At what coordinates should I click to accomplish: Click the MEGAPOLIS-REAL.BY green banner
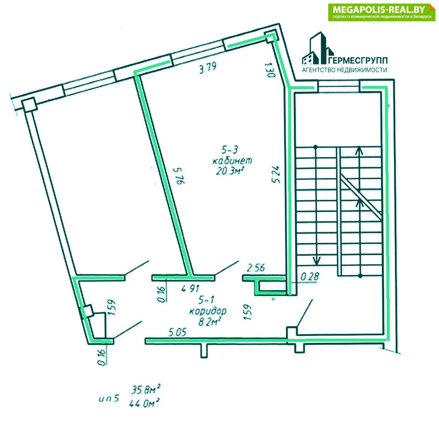tap(382, 12)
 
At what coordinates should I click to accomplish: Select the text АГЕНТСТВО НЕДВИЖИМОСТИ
tap(344, 70)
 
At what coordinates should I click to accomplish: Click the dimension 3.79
tap(208, 68)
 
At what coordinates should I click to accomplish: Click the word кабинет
tap(232, 160)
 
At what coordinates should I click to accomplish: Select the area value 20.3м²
tap(230, 171)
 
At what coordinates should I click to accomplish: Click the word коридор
tap(208, 311)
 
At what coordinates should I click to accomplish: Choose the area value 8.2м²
tap(209, 322)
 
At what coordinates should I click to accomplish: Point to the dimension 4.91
tap(191, 288)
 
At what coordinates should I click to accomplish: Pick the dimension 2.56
tap(256, 268)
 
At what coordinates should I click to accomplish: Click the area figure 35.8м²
tap(146, 390)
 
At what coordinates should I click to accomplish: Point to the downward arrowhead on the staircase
tap(316, 261)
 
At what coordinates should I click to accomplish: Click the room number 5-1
tap(205, 300)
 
